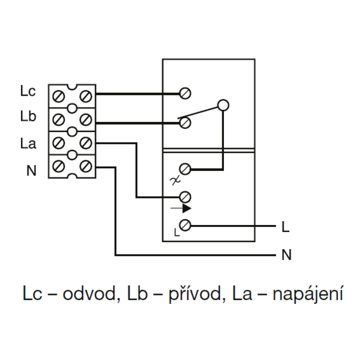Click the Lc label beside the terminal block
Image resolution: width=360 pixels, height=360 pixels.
(28, 91)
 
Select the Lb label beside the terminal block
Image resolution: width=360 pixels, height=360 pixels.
(28, 116)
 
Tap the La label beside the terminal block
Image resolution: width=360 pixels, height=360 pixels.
(28, 144)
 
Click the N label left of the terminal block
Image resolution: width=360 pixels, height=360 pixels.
(31, 171)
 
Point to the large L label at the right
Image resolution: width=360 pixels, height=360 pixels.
(285, 227)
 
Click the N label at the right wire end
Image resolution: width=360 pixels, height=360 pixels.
(286, 255)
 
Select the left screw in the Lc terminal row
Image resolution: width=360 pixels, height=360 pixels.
(58, 96)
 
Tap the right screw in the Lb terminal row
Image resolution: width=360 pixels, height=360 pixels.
(86, 120)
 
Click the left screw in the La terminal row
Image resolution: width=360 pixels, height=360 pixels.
(58, 143)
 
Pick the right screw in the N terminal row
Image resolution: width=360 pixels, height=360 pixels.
(86, 166)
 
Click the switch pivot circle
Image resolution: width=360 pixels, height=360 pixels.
(223, 105)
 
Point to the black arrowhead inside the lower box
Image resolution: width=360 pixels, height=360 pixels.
(186, 208)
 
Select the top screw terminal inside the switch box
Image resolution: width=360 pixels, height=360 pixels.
(185, 93)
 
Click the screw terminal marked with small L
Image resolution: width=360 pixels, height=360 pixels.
(185, 225)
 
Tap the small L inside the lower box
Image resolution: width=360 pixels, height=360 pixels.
(176, 233)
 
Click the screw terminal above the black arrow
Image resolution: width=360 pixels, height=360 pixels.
(185, 197)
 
